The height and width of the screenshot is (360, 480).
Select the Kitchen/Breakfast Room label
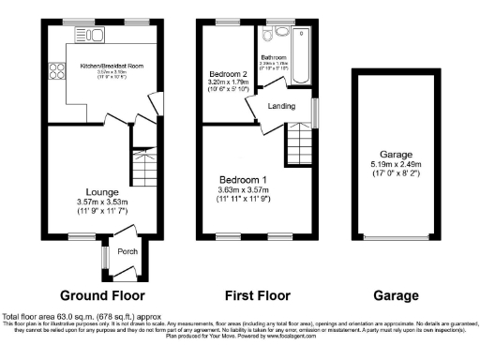tap(112, 66)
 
